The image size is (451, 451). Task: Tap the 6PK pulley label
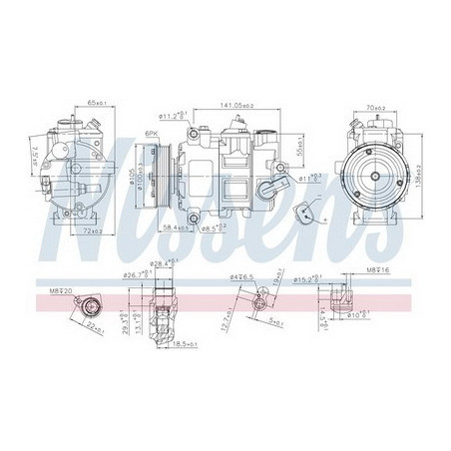153,134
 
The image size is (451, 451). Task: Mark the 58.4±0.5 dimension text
180,230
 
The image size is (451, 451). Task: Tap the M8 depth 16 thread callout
357,269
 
